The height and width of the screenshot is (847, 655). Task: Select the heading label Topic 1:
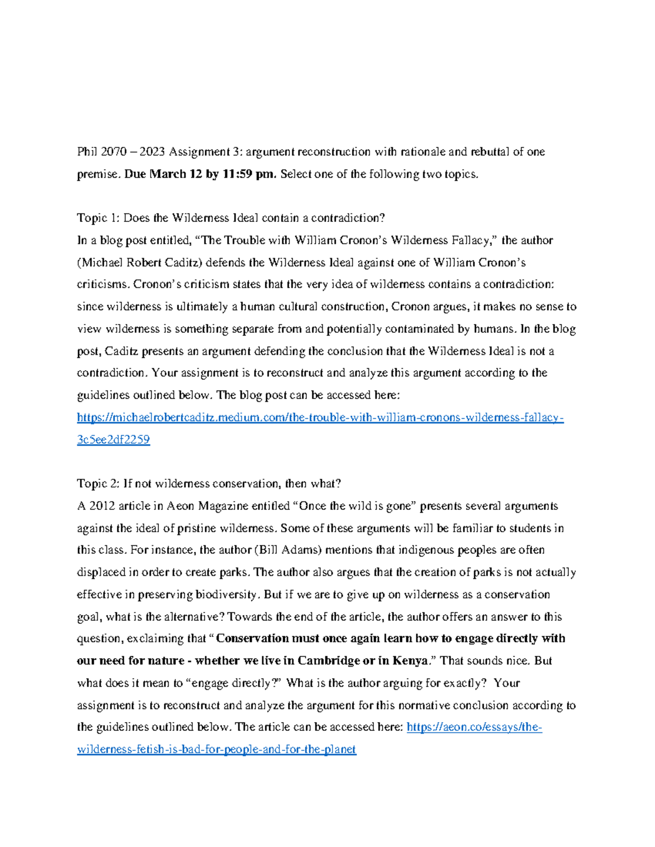[98, 218]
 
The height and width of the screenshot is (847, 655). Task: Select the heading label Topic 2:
[98, 484]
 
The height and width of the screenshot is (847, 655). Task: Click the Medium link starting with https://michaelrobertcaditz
[320, 418]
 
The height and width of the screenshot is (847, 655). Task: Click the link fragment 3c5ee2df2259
[114, 440]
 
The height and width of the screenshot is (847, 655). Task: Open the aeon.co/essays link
[474, 728]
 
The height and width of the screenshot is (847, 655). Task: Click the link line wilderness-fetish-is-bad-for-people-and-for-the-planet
[217, 750]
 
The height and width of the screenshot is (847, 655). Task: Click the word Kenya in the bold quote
[409, 661]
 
